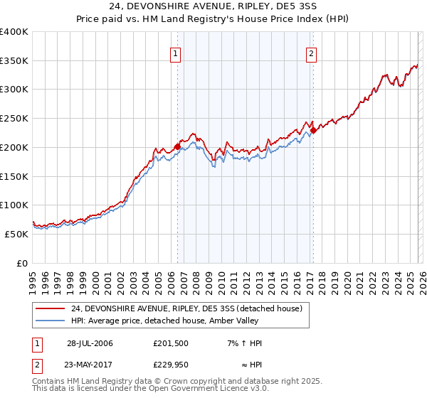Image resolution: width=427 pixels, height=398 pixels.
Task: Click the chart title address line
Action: [x=213, y=6]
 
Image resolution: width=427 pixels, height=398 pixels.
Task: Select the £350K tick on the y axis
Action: [x=15, y=61]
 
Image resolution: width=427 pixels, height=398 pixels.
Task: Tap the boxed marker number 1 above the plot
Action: [x=175, y=53]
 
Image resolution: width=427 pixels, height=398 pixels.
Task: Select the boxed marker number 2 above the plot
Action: [x=312, y=53]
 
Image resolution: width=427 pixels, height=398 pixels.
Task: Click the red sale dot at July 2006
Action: [x=178, y=146]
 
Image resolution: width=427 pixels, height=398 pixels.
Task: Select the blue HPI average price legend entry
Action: [x=171, y=321]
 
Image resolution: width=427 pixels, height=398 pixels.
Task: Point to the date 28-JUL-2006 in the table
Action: [x=90, y=343]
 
